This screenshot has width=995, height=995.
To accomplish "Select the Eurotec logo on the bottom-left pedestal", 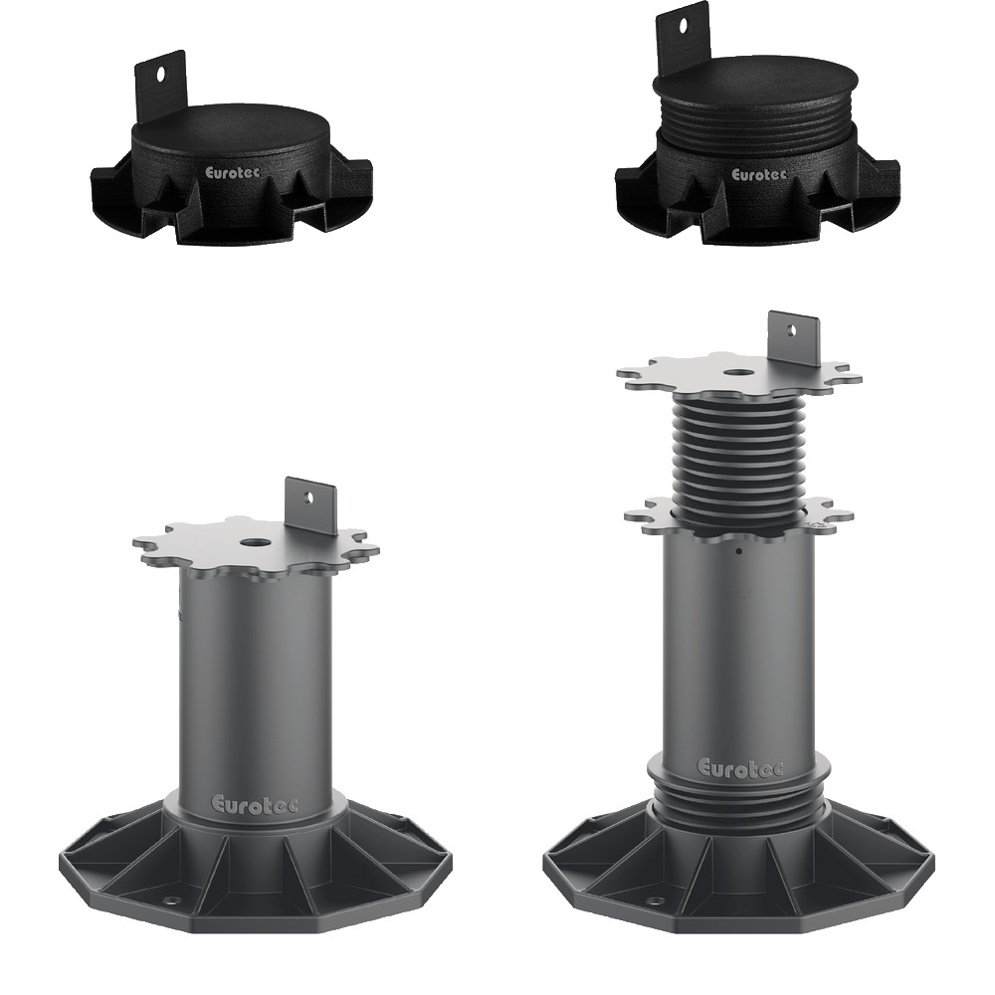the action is click(x=254, y=804).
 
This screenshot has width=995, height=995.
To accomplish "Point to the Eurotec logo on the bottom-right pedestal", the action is click(x=740, y=767).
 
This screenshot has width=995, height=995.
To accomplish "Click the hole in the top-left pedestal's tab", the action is click(x=160, y=74).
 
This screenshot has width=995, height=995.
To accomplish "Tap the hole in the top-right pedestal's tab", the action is click(x=683, y=26).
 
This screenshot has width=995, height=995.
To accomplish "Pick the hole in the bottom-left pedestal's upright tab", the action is click(x=309, y=496).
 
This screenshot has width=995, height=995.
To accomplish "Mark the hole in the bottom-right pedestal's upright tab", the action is click(x=790, y=330).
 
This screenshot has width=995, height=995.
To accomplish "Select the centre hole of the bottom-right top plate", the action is click(x=737, y=374).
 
